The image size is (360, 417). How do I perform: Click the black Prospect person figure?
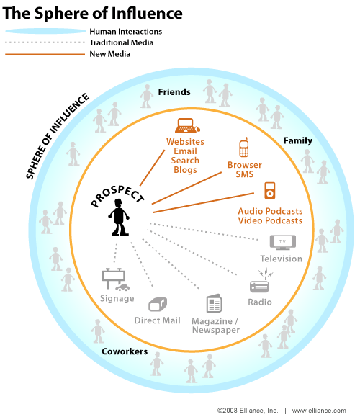point(119,218)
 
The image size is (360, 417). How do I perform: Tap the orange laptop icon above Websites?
point(187,125)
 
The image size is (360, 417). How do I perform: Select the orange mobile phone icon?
point(244,147)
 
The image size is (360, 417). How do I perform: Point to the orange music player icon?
point(269,190)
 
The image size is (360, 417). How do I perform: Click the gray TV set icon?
point(283,242)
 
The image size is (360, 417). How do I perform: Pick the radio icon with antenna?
point(261,282)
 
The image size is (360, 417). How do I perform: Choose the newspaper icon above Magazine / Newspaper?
point(214,303)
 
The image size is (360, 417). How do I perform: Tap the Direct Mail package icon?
point(158,304)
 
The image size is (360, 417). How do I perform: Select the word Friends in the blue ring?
point(174,92)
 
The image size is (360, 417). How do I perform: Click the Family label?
point(298,140)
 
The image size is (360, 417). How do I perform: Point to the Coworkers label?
point(125,351)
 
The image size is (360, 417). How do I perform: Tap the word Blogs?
point(185,170)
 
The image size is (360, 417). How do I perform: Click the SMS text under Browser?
point(245,174)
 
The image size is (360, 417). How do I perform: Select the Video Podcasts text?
point(270,220)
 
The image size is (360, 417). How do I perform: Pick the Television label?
point(281,259)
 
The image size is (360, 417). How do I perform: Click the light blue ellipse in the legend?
point(46,31)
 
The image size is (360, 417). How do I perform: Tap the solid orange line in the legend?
point(45,54)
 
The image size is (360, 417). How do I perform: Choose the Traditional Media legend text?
point(122,42)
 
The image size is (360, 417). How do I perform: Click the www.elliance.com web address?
point(319,411)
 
